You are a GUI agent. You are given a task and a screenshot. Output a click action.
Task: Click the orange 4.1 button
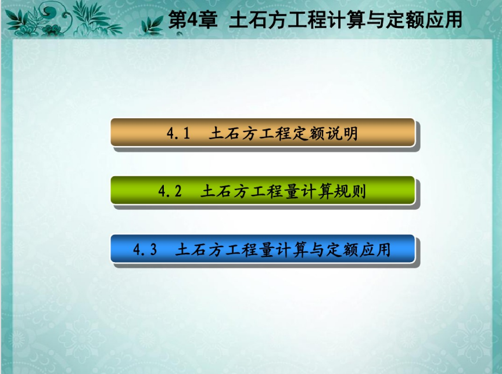263,132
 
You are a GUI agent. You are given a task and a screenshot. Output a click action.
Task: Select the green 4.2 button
263,190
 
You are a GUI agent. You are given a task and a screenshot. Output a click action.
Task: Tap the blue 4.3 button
263,249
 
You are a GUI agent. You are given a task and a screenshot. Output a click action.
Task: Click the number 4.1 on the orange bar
178,133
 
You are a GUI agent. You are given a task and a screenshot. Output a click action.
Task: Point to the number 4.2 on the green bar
170,191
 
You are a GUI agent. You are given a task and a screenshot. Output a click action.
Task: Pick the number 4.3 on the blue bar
145,249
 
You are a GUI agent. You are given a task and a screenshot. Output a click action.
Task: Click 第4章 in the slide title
193,20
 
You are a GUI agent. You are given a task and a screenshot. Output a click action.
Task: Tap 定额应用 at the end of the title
424,20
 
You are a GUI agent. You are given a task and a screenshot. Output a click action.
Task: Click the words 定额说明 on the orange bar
325,133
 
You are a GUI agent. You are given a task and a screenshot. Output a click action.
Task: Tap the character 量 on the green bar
291,191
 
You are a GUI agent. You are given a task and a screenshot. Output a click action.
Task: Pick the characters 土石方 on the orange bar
234,133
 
